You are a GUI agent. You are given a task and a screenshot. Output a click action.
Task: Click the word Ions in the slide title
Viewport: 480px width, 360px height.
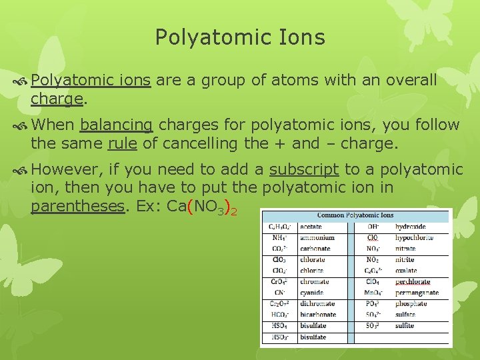302,37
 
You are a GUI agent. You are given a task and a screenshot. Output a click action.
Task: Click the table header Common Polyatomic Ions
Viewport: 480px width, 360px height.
355,215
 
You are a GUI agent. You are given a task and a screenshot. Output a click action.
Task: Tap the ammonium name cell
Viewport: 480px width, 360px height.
317,238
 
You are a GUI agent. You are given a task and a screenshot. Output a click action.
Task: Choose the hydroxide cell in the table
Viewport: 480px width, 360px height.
411,227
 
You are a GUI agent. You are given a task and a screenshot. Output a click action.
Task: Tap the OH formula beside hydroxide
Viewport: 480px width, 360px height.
373,227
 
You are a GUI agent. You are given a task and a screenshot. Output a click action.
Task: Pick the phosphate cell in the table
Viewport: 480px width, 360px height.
411,303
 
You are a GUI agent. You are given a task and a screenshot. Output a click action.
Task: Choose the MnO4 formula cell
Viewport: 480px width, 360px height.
373,293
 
